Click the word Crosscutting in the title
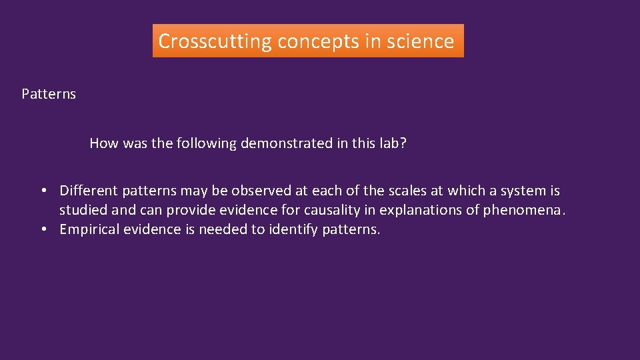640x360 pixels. [x=215, y=41]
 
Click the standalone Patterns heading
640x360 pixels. [x=49, y=94]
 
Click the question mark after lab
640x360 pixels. [x=402, y=143]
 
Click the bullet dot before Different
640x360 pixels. [x=43, y=191]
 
